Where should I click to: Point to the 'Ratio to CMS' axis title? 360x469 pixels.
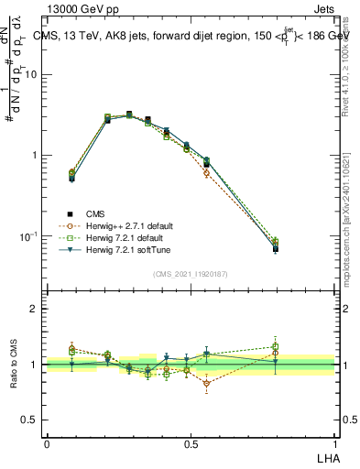[13, 365]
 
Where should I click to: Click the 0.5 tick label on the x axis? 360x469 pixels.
[191, 443]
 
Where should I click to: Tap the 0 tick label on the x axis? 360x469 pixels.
[47, 443]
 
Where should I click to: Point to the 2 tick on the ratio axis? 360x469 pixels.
[36, 310]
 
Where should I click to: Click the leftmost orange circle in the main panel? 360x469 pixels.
[72, 171]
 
